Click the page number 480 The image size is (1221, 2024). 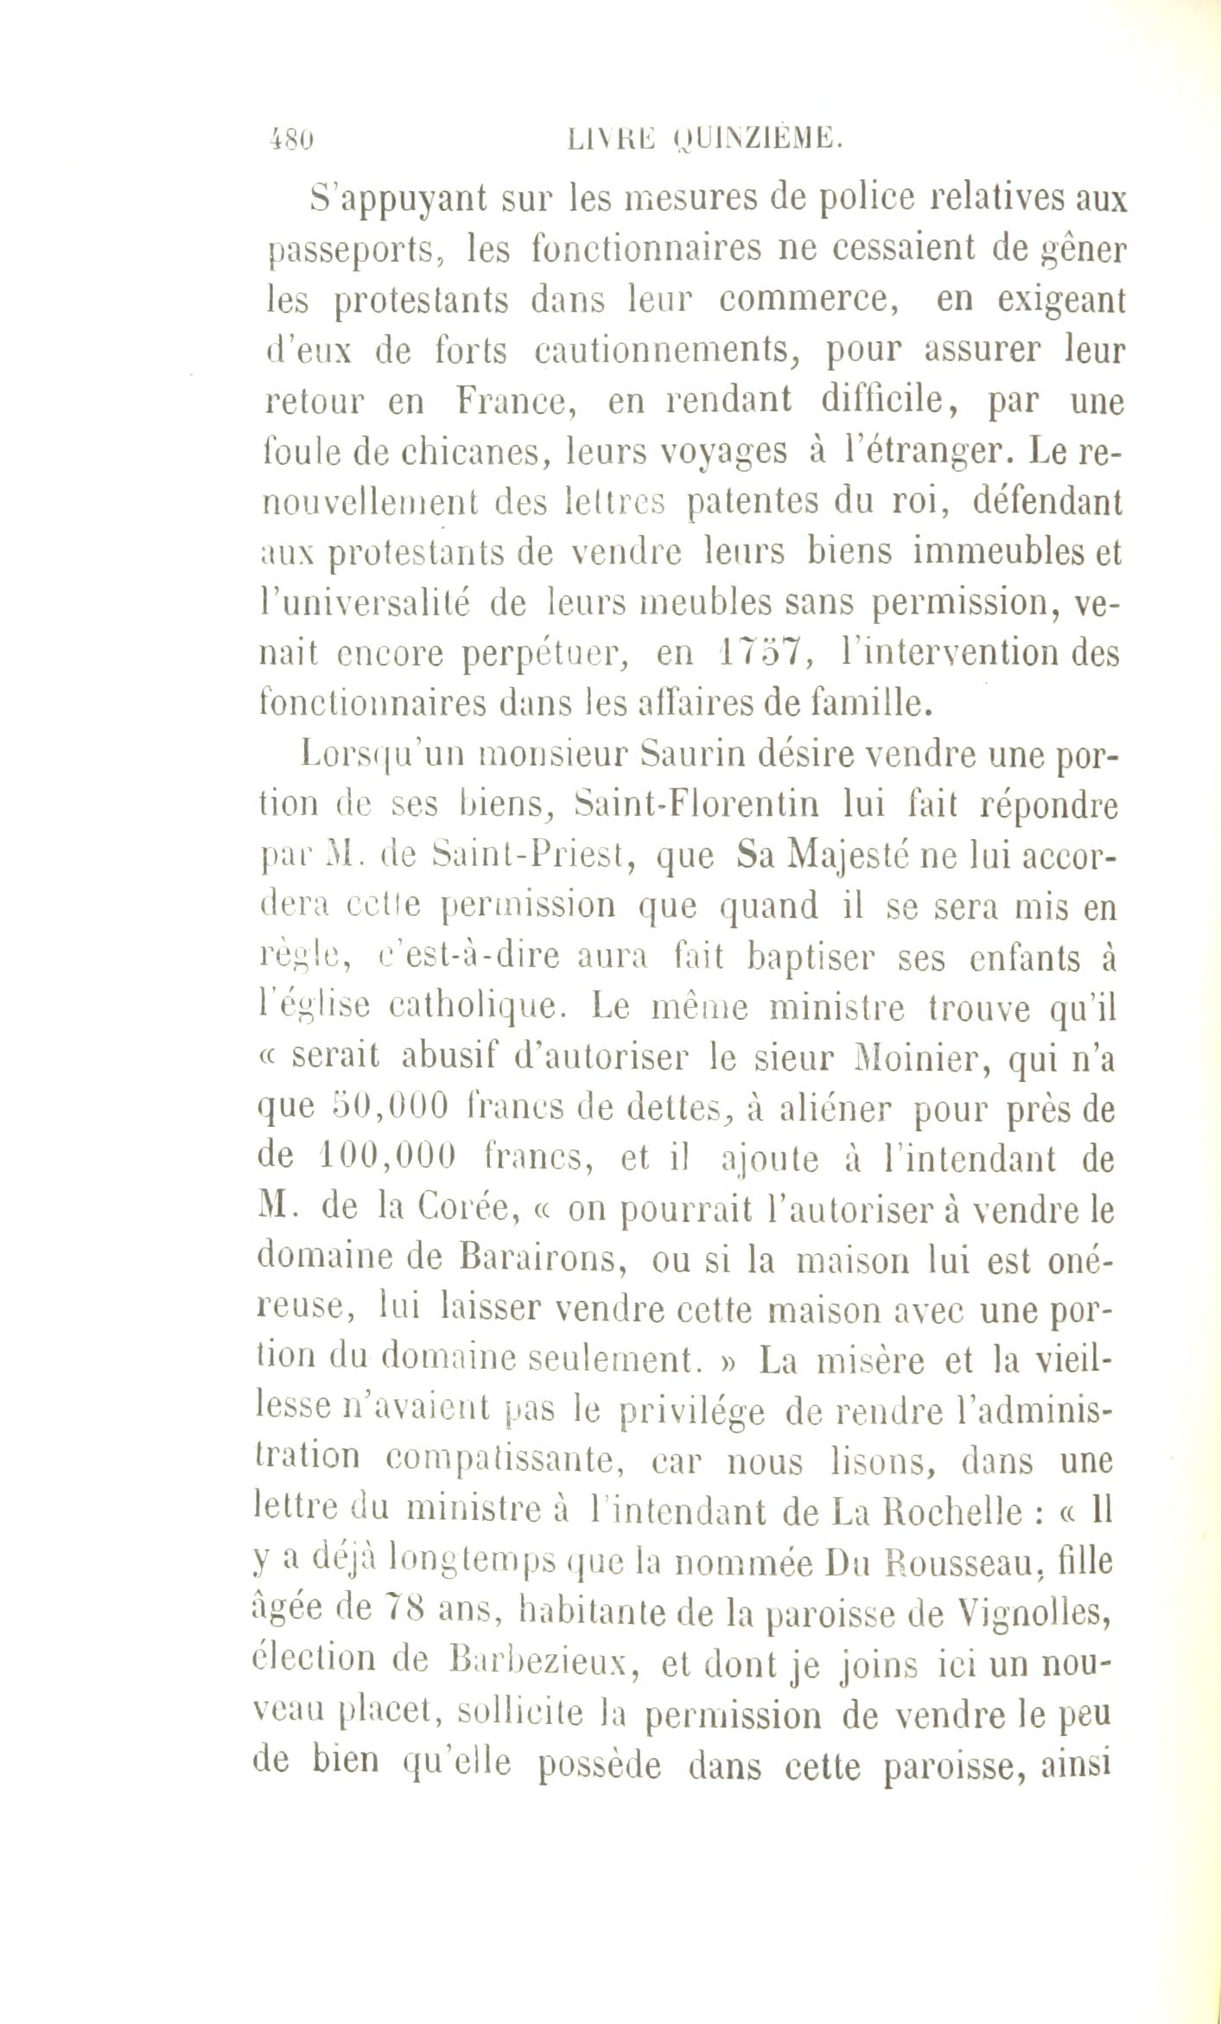click(x=289, y=139)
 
